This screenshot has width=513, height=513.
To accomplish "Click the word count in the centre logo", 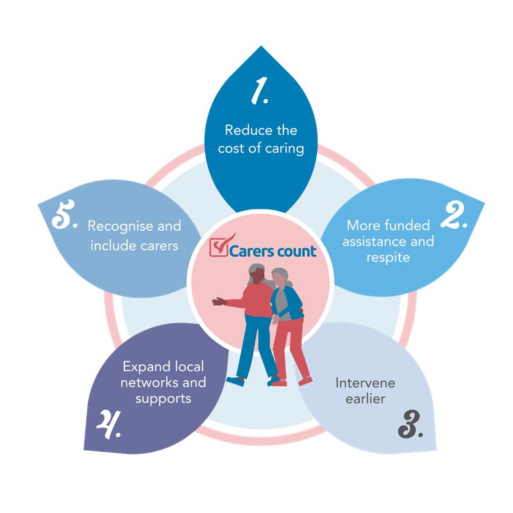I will pyautogui.click(x=296, y=251).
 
